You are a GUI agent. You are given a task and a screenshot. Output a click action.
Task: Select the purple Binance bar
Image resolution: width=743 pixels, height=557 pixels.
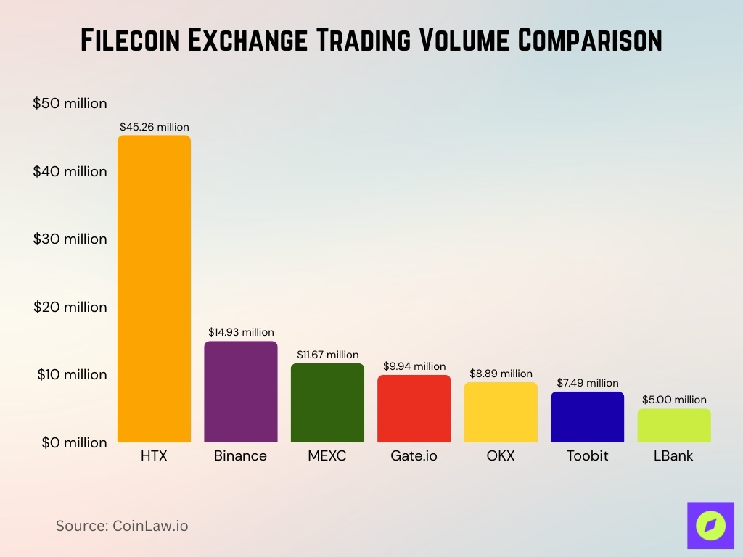pos(240,392)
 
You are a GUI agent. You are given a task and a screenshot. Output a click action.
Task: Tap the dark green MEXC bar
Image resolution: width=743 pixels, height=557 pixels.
pos(327,403)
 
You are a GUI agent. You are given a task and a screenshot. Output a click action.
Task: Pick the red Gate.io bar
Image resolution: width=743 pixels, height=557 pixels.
pos(414,408)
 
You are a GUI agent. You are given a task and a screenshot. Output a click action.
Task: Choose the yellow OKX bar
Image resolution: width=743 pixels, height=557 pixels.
pos(501,412)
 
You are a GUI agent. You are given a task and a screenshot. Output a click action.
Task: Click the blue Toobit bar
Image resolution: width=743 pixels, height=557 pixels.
pos(587,417)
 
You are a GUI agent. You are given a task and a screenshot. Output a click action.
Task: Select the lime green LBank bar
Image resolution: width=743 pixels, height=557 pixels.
pos(674,425)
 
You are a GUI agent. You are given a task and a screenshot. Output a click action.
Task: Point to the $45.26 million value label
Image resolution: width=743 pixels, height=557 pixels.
pos(155,127)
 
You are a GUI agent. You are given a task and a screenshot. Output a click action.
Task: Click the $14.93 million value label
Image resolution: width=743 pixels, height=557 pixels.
pos(241,332)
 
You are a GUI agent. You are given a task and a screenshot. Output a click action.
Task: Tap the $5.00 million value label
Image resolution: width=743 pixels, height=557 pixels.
pos(674,400)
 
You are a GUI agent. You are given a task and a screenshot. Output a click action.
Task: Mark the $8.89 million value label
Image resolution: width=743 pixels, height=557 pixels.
pos(501,374)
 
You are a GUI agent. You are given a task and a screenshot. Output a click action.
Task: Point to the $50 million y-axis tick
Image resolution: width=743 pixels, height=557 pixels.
pos(70,103)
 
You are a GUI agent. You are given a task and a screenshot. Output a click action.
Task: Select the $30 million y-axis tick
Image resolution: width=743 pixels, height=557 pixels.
pos(70,239)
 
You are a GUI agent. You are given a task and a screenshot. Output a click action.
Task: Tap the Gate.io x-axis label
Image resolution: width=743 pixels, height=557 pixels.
pos(414,456)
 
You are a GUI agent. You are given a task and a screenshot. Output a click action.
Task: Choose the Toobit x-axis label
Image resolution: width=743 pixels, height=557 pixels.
pos(587,456)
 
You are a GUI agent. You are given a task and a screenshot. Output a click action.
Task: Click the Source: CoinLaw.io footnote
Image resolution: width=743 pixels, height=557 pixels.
pos(122,526)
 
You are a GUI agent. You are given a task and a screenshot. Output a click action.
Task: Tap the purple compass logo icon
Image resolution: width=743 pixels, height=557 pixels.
pos(710,525)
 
